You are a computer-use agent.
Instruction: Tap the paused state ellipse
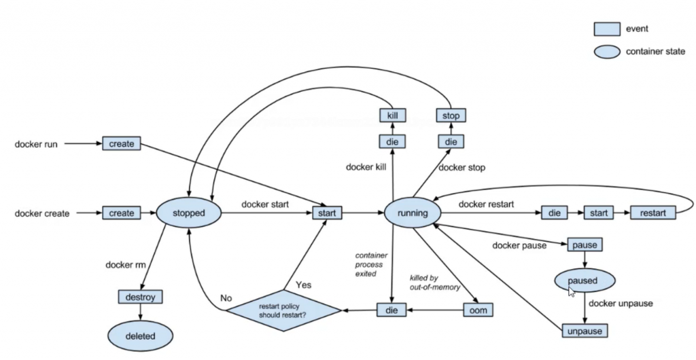(585, 281)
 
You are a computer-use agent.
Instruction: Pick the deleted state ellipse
(140, 336)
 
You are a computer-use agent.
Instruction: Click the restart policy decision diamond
(283, 310)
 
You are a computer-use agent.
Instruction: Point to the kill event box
(392, 115)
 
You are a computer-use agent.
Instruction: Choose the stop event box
(451, 115)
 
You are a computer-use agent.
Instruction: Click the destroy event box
(140, 297)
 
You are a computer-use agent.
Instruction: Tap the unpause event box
(585, 331)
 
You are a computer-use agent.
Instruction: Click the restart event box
(653, 213)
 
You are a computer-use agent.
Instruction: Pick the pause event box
(585, 245)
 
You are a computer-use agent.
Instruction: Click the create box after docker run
(122, 144)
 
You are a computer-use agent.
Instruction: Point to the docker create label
(42, 214)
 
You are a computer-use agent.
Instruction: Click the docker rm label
(122, 264)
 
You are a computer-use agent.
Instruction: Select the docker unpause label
(621, 304)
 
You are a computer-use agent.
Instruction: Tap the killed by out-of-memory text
(435, 283)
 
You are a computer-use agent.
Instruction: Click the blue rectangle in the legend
(607, 29)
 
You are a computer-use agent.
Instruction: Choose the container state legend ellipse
(607, 50)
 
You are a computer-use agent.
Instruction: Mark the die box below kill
(392, 141)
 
